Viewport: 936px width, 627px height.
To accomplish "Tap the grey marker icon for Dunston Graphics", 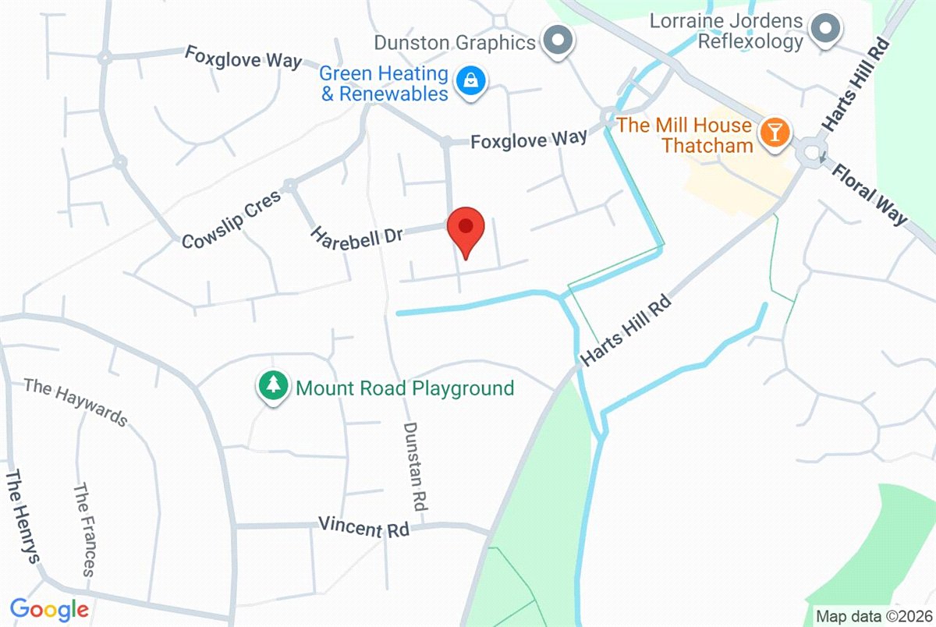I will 558,40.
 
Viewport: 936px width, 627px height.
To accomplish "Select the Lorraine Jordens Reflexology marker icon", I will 824,30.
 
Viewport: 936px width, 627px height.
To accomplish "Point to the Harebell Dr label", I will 356,235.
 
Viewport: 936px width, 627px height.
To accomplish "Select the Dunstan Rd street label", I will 415,466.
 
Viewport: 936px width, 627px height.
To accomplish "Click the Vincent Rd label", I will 363,527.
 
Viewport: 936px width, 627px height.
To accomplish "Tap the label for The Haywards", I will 75,402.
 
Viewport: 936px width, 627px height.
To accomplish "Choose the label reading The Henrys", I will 23,516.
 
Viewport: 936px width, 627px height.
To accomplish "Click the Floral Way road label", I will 870,193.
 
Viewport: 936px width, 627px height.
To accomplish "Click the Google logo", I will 48,609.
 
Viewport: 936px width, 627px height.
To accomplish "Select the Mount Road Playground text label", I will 405,388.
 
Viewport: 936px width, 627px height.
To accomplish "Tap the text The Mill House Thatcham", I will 685,135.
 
